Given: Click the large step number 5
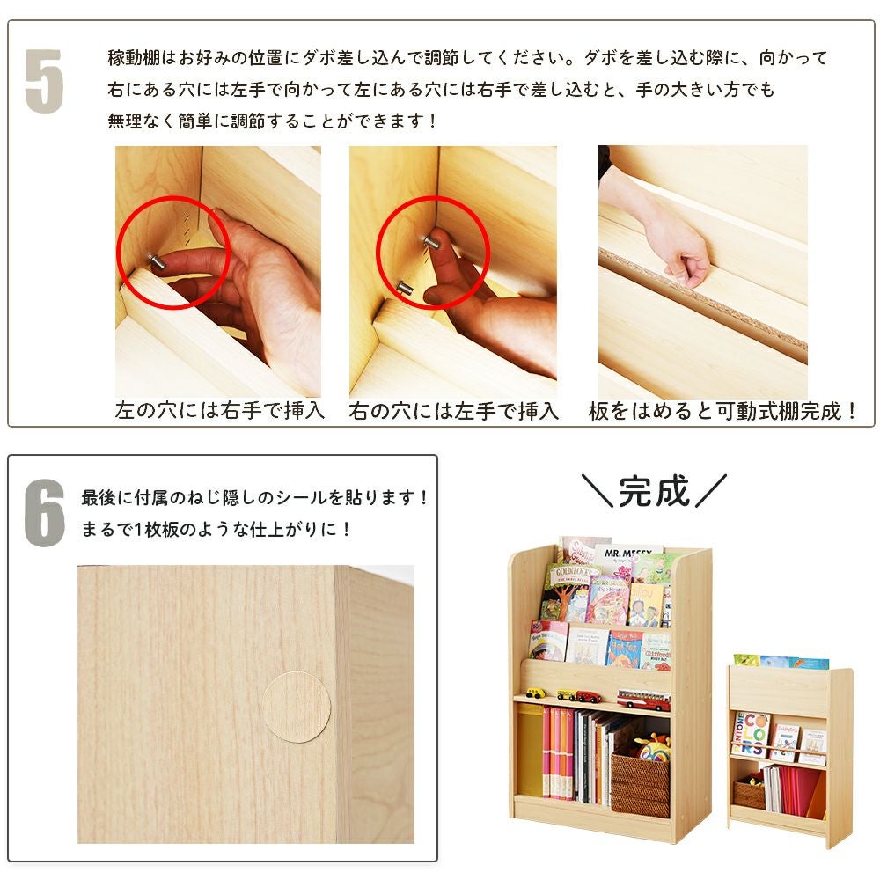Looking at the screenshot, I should pyautogui.click(x=44, y=81).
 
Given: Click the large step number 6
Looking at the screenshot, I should pyautogui.click(x=44, y=513).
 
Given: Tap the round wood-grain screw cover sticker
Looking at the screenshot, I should pyautogui.click(x=297, y=707).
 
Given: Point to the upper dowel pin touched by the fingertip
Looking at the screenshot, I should pyautogui.click(x=430, y=239).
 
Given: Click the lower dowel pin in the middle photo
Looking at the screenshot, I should pyautogui.click(x=405, y=287).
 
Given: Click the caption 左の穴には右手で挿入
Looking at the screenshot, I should pyautogui.click(x=220, y=411).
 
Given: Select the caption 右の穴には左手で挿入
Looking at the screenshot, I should pyautogui.click(x=453, y=411).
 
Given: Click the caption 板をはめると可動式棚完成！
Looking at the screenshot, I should pyautogui.click(x=723, y=411).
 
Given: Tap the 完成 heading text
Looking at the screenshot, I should pyautogui.click(x=653, y=491).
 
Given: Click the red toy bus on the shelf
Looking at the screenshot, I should pyautogui.click(x=642, y=700).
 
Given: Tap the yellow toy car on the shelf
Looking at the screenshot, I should pyautogui.click(x=536, y=693).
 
